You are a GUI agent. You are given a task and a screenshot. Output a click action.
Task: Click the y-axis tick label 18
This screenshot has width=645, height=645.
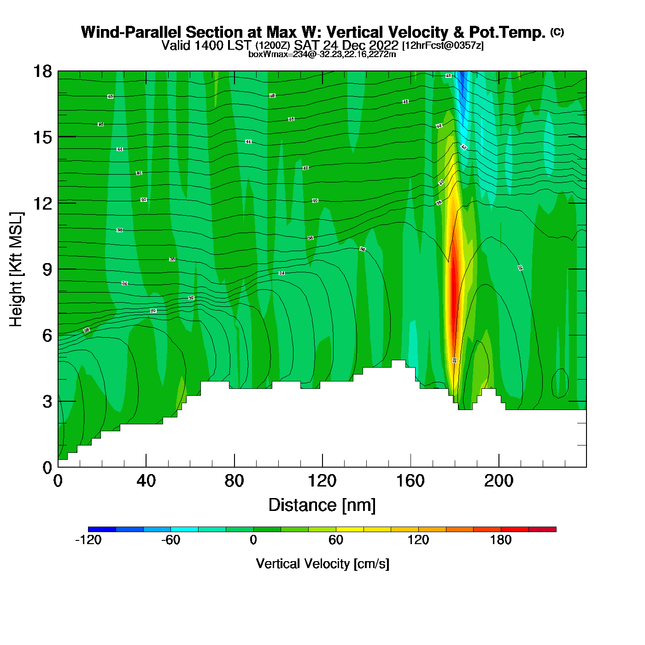(42, 71)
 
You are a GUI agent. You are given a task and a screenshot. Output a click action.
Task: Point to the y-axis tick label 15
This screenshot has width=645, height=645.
(42, 137)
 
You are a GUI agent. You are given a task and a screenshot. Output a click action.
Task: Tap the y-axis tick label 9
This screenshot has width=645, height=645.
(47, 270)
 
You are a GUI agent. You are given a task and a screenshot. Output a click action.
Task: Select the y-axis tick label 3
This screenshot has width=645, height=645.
(47, 402)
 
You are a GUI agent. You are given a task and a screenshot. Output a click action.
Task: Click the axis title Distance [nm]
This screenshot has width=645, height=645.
(322, 505)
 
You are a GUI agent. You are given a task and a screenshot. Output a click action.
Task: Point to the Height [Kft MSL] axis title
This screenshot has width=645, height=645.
(16, 270)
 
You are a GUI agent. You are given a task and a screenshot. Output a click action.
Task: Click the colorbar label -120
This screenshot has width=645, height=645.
(88, 540)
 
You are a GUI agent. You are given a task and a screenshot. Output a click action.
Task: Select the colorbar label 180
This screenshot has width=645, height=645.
(501, 540)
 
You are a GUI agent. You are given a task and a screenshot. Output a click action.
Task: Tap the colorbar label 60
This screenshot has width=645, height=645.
(336, 540)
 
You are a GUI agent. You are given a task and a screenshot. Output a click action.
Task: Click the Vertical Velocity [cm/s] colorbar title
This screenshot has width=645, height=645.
(322, 564)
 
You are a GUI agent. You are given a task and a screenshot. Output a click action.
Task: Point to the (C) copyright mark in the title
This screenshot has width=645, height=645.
(557, 32)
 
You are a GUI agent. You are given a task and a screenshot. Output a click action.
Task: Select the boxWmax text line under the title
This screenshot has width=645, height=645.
(322, 54)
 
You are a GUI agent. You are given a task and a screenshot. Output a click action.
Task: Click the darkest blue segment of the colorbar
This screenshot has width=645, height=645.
(102, 529)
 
